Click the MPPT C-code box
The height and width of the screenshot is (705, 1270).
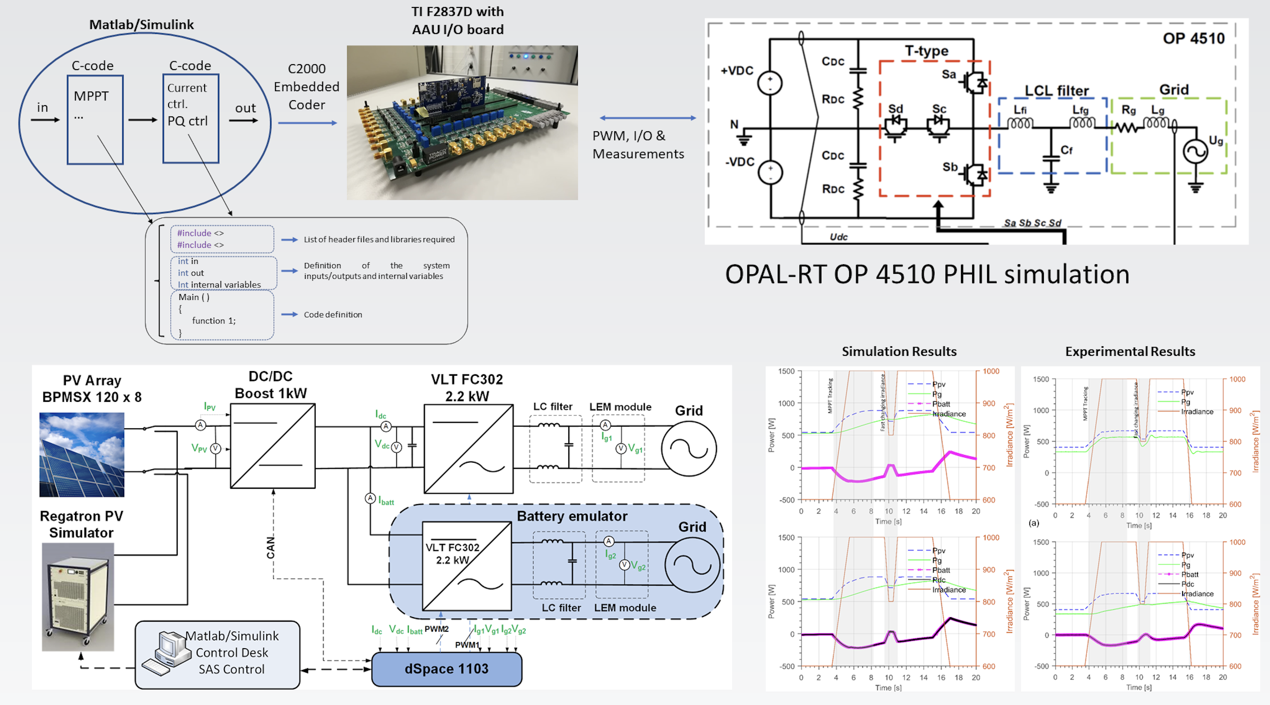click(95, 120)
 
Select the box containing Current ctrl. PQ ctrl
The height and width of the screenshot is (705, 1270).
click(191, 119)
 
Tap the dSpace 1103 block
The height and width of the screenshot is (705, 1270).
click(446, 669)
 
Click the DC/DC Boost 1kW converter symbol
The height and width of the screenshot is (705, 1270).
click(273, 446)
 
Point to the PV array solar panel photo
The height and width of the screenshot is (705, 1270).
click(82, 454)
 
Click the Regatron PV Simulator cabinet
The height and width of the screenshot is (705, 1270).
click(78, 596)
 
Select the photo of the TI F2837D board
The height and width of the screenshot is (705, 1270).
click(462, 122)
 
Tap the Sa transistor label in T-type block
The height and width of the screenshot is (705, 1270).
click(949, 75)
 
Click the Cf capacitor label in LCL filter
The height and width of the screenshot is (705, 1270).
click(1066, 150)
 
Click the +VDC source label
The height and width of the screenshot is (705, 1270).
click(736, 70)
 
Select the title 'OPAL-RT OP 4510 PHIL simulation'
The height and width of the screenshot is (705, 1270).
click(927, 274)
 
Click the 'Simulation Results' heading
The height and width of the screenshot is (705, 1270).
click(899, 352)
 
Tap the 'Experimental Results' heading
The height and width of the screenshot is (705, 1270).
click(1130, 352)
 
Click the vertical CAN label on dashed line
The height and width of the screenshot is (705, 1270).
click(270, 547)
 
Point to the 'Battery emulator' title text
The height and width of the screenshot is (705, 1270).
click(572, 516)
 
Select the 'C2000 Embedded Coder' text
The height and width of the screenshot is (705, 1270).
click(307, 87)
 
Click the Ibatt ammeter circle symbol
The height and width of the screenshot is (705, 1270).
click(370, 498)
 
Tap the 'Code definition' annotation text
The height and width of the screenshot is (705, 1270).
click(333, 314)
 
